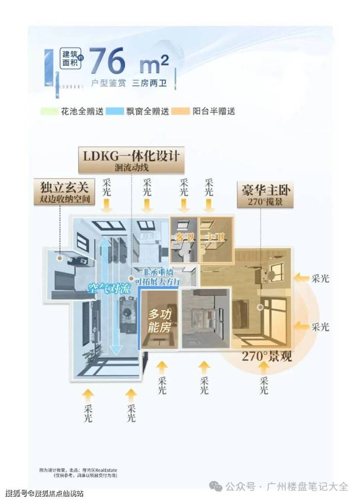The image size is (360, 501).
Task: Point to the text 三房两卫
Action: click(149, 83)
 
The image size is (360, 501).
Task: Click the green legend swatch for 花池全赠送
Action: click(47, 111)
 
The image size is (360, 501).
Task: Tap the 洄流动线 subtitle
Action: click(131, 168)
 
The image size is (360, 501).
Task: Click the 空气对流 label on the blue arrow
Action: click(109, 288)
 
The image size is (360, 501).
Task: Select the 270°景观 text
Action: click(267, 356)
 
